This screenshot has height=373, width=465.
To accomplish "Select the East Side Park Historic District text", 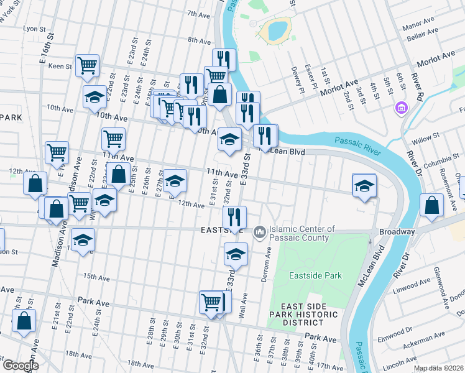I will (x=309, y=315).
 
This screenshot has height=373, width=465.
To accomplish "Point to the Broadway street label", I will (x=397, y=231).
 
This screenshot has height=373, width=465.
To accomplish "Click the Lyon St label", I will (x=35, y=29).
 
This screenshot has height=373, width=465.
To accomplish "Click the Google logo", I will (x=20, y=366).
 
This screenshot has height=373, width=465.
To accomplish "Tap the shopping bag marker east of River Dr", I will (x=431, y=205).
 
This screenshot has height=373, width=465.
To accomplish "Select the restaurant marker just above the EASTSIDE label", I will (x=234, y=217).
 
